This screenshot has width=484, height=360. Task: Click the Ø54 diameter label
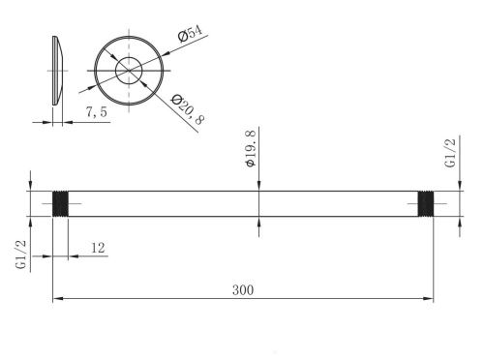191,33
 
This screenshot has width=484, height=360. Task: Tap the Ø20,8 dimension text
188,109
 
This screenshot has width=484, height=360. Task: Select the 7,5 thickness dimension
96,112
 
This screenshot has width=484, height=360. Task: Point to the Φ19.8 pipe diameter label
251,147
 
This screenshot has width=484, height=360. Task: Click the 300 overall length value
243,290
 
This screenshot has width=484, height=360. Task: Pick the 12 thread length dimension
98,248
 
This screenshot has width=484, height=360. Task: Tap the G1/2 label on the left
20,255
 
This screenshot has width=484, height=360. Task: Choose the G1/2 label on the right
450,153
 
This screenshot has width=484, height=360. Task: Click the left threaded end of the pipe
60,203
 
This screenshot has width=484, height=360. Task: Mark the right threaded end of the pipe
426,203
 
